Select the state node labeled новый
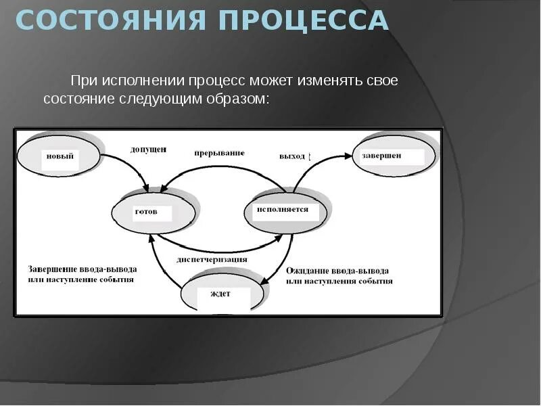tap(60, 156)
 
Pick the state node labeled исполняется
tap(285, 210)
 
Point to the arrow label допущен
tap(148, 149)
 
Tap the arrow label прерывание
tap(219, 153)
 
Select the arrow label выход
tap(292, 156)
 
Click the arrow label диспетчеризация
tap(212, 259)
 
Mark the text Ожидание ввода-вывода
tap(337, 270)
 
